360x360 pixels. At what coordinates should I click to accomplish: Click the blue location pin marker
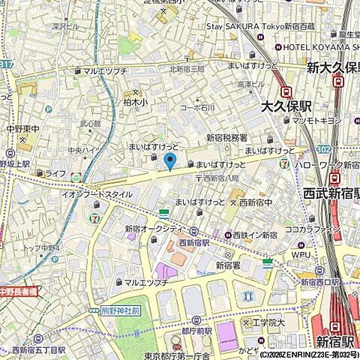(170, 160)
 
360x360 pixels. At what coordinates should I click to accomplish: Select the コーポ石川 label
(198, 108)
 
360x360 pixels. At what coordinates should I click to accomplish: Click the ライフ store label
(55, 173)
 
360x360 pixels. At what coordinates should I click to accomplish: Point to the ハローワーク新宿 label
(325, 163)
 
